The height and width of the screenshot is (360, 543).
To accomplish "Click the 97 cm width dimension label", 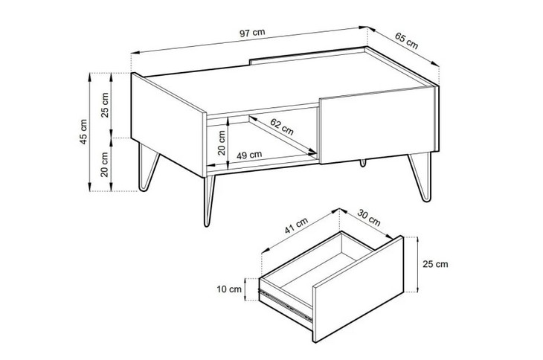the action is coord(252,33).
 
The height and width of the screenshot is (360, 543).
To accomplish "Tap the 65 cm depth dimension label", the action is coord(407,41).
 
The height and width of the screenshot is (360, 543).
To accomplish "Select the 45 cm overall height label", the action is coord(83,132).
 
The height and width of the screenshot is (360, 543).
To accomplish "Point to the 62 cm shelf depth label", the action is coord(282,126).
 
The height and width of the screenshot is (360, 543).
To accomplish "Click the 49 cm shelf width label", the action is coord(249,155).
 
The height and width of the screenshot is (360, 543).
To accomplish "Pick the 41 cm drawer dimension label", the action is coord(296,225).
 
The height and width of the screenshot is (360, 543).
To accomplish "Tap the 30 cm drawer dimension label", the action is coord(369,217).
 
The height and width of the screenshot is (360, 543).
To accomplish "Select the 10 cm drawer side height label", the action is coord(229,289).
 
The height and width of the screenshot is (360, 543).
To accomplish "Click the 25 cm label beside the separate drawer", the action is coord(435,264).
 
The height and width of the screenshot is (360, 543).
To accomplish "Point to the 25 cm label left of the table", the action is coord(105,105).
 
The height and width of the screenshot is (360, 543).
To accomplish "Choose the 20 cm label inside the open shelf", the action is coord(222,143).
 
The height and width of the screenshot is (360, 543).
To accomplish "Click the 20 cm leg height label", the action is coord(105,164).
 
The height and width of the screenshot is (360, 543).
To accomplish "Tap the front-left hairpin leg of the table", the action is coord(208,201).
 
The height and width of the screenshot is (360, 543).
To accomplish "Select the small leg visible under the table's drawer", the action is coord(363,163).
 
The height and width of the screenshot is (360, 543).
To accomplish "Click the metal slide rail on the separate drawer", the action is coord(285,304).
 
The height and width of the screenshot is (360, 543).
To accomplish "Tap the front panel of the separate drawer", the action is coord(359,289).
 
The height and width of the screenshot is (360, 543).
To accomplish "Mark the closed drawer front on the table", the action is coord(377,125).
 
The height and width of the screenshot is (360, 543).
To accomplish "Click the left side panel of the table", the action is coord(167,125).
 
